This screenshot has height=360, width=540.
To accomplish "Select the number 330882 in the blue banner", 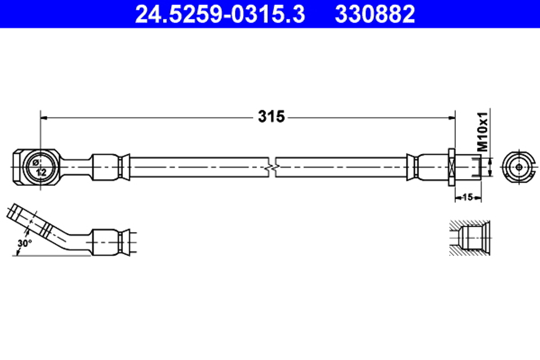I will [x=375, y=15].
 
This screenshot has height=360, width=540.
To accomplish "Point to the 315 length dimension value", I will [x=271, y=116].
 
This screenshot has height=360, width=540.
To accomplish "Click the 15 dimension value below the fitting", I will [x=468, y=198].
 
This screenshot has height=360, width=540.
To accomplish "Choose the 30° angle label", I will [x=24, y=243].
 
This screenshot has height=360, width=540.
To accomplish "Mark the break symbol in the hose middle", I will [x=273, y=167].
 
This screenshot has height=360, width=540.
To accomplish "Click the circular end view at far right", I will [x=519, y=167].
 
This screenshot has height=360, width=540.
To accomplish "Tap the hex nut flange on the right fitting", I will [x=452, y=167].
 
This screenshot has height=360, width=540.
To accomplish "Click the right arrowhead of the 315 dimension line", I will [x=449, y=117].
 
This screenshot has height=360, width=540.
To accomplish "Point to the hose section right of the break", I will [x=340, y=167].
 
